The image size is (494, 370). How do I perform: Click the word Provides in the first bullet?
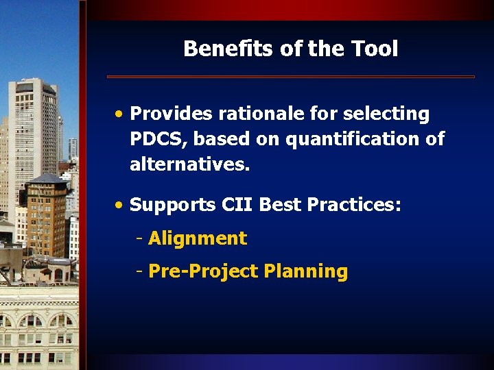[167, 114]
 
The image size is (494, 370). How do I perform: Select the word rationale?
[248, 114]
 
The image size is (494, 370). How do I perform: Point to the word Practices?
[360, 205]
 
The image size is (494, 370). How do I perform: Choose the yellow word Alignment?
[198, 238]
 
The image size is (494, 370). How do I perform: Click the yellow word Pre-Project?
[203, 271]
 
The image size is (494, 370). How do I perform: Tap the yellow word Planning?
[306, 271]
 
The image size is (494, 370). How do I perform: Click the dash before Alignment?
[139, 238]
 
